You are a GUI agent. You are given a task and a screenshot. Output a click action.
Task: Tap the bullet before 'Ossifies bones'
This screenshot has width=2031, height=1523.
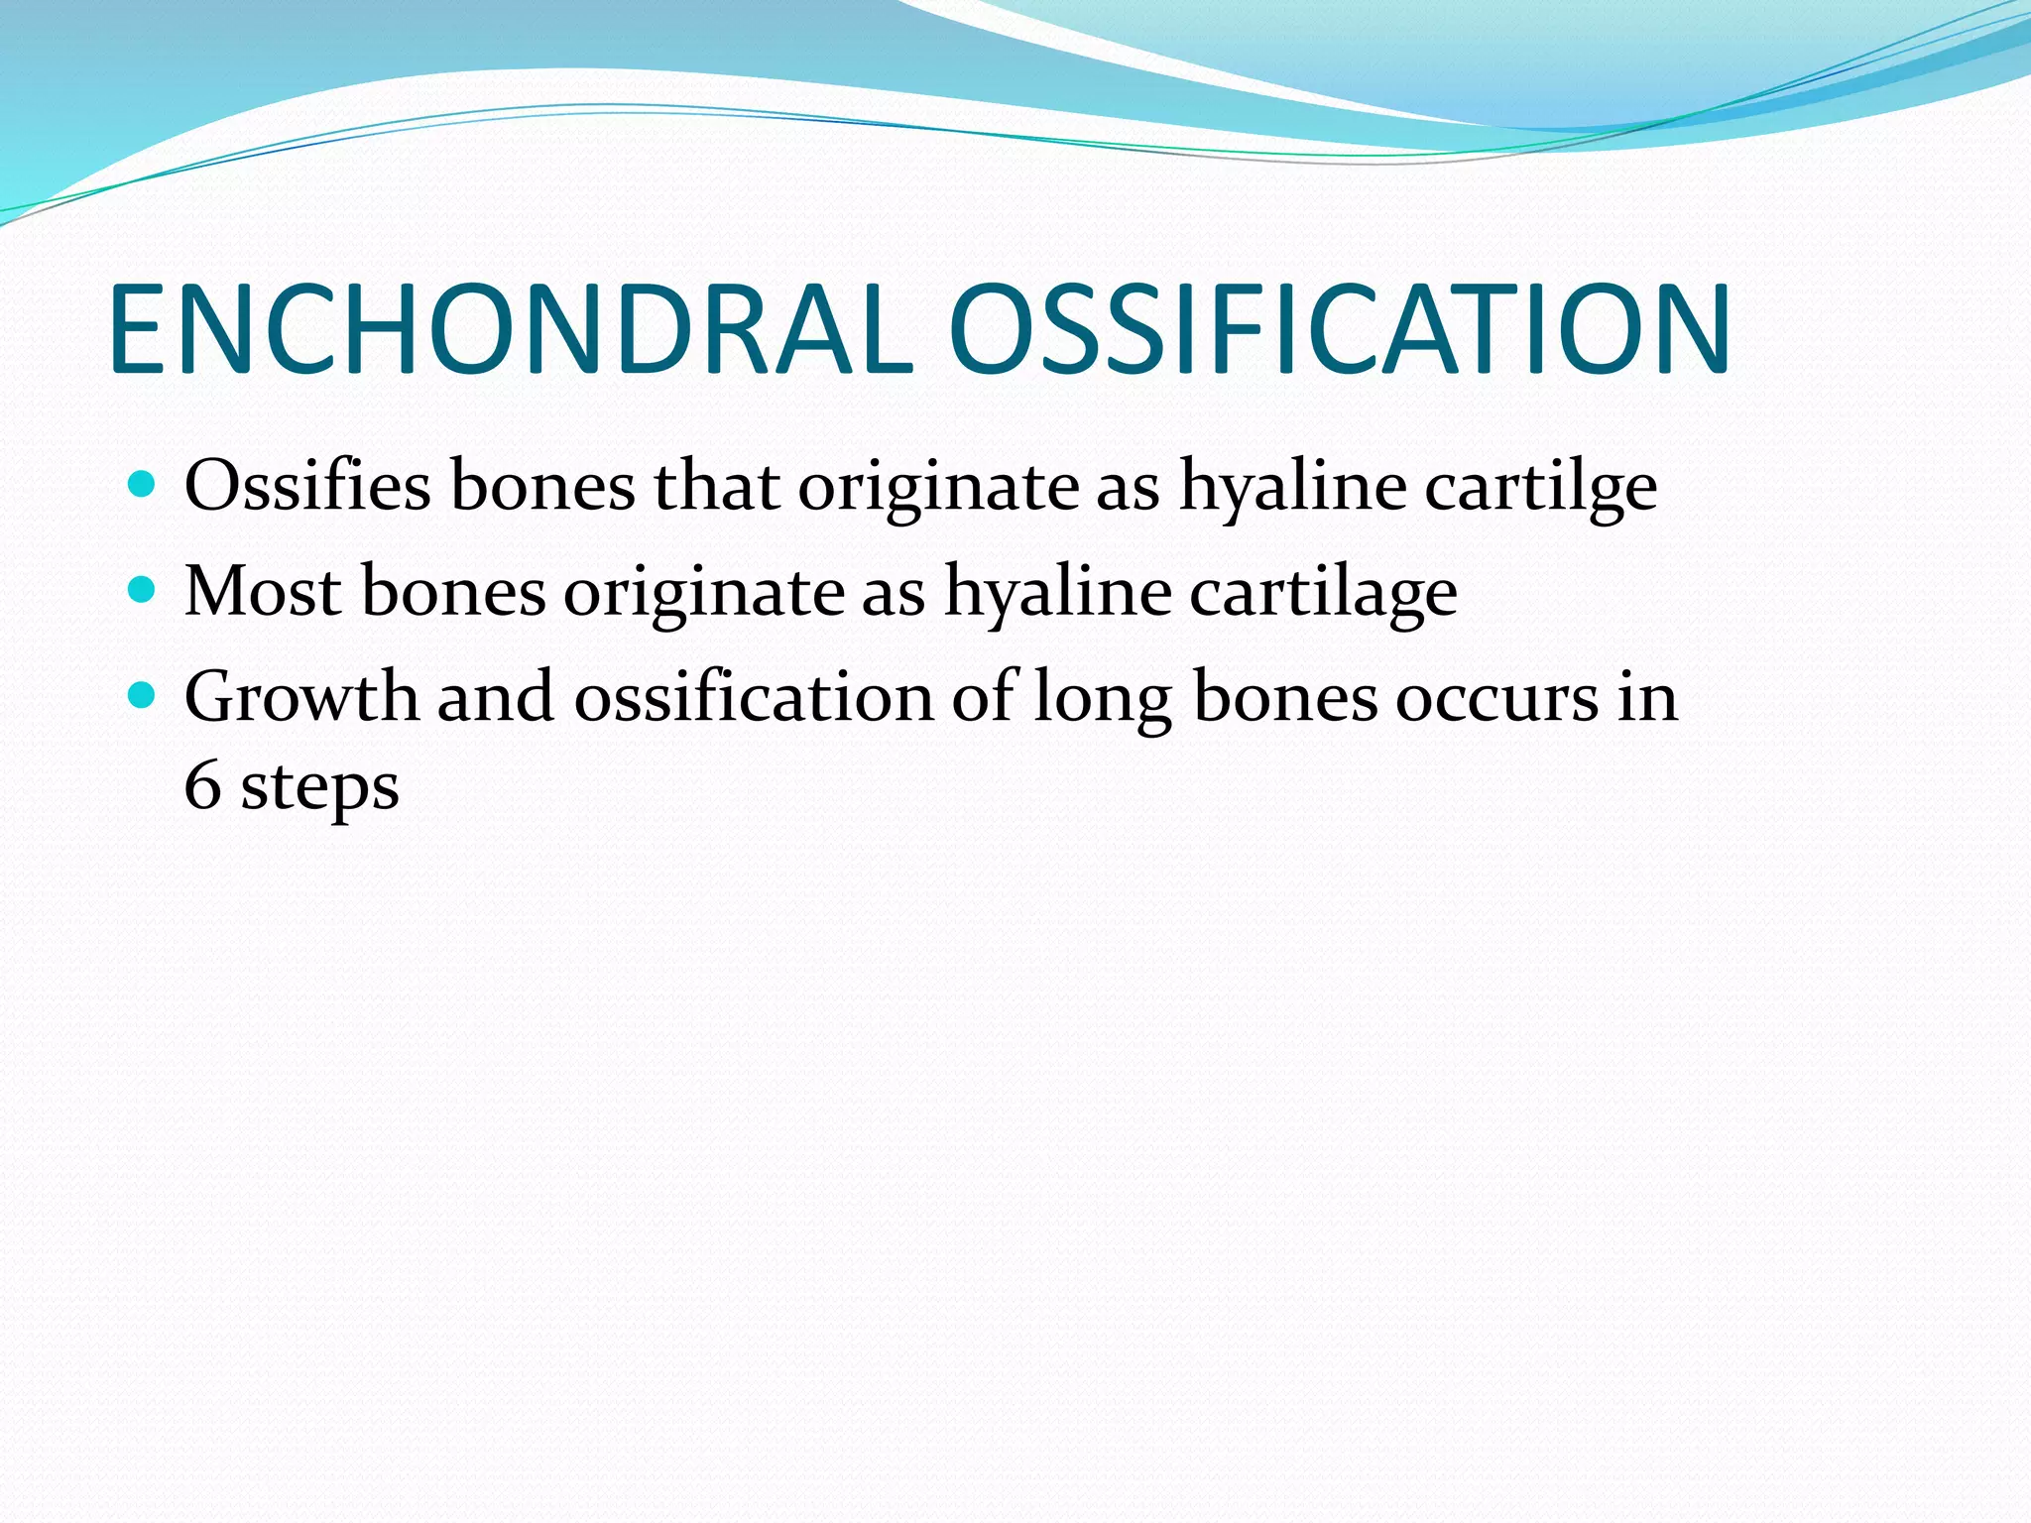pyautogui.click(x=143, y=485)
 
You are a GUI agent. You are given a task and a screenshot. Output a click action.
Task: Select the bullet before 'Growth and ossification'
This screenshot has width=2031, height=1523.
pyautogui.click(x=143, y=696)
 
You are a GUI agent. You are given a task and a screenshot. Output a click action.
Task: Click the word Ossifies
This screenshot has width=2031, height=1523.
pyautogui.click(x=307, y=486)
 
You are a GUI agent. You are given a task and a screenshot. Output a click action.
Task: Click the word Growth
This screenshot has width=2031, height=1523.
pyautogui.click(x=301, y=696)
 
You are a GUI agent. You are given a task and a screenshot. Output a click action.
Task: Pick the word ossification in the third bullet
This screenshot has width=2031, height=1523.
pyautogui.click(x=754, y=696)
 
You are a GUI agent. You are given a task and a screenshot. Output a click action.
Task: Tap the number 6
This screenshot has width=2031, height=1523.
pyautogui.click(x=202, y=786)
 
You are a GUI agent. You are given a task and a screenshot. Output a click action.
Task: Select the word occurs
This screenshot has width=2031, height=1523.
pyautogui.click(x=1497, y=698)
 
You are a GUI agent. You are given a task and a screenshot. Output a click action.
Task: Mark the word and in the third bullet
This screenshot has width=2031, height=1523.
pyautogui.click(x=496, y=696)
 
